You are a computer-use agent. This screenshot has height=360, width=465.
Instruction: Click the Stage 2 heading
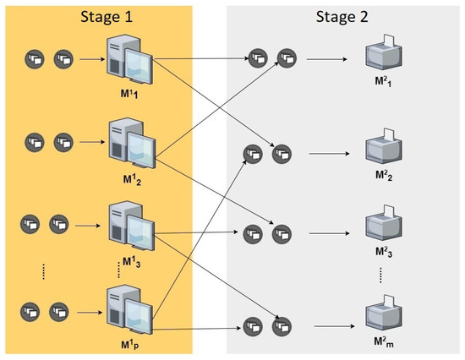click(x=344, y=16)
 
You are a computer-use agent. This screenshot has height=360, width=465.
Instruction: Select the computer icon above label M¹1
click(x=128, y=63)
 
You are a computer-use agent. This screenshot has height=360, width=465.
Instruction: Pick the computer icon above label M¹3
click(x=129, y=226)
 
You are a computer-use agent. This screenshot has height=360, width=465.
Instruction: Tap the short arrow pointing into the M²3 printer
click(x=327, y=232)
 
